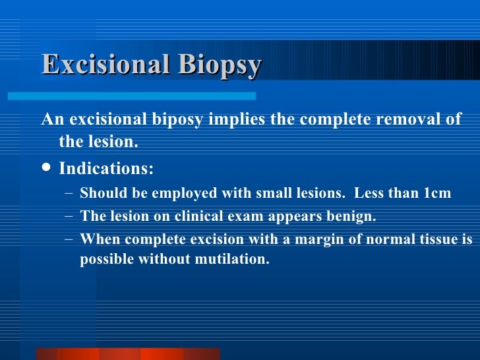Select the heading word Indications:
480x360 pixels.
click(x=106, y=169)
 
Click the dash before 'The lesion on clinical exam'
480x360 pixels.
click(x=69, y=216)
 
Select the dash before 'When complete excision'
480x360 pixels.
click(x=69, y=238)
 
